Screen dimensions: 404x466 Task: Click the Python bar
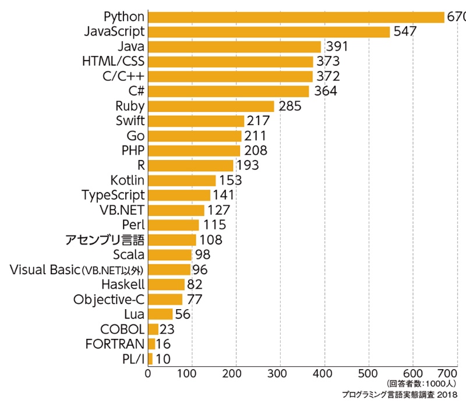pos(296,16)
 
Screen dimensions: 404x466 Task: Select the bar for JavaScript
pos(269,31)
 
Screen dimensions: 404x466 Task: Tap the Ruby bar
pos(211,106)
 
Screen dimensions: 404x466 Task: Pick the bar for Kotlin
pos(182,180)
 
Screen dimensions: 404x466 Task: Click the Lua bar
pos(160,314)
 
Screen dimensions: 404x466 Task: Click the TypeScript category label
pos(113,195)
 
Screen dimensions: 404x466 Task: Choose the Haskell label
pos(122,284)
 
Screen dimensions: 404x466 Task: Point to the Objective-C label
pos(109,299)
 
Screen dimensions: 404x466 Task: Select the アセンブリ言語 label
pos(104,240)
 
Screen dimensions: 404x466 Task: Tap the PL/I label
pos(131,359)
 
